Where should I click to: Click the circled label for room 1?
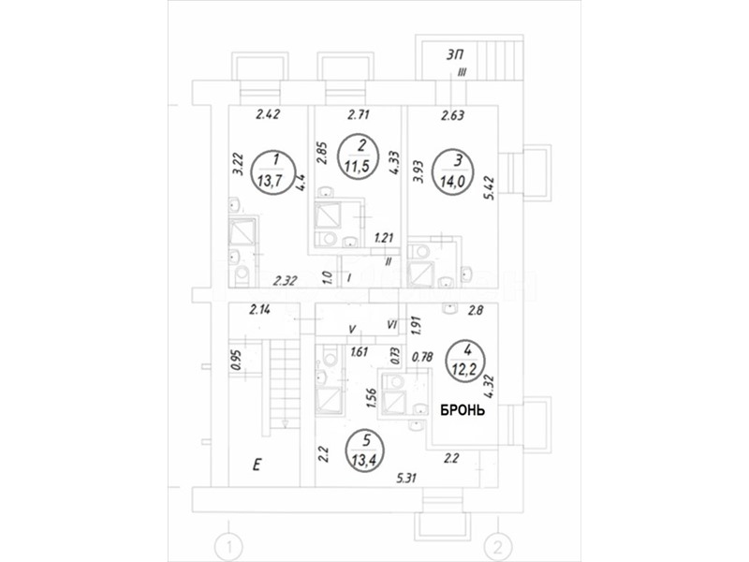tap(272, 170)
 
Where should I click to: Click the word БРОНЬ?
tap(463, 410)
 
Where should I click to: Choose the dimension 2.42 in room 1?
tap(269, 116)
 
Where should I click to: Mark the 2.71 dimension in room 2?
tap(359, 116)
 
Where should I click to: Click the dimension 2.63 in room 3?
tap(453, 116)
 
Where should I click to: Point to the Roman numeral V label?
tap(351, 330)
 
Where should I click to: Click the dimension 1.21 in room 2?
tap(384, 239)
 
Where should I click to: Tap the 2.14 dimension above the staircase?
tap(261, 309)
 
